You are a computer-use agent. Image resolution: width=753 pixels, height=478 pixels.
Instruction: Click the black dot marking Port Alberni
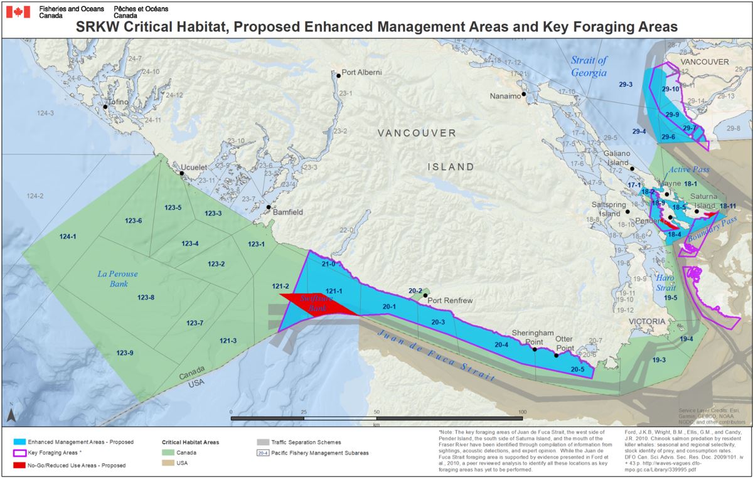[x=339, y=75]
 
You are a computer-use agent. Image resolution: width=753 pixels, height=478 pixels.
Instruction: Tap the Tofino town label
[x=119, y=102]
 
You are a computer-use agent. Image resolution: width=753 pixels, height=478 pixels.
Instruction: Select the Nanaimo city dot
[x=523, y=94]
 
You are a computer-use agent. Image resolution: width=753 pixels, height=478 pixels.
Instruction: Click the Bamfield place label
[x=288, y=213]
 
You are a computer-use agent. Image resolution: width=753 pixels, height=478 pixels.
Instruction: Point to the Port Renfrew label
[x=450, y=300]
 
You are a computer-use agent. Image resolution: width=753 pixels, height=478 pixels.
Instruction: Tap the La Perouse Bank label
[x=117, y=279]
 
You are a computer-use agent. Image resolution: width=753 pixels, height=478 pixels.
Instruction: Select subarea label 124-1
[x=68, y=236]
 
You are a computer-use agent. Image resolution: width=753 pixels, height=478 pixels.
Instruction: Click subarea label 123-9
[x=125, y=353]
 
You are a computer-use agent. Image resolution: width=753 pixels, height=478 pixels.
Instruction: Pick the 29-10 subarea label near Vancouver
[x=671, y=90]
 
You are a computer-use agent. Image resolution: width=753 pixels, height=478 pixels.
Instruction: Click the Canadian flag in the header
[x=18, y=11]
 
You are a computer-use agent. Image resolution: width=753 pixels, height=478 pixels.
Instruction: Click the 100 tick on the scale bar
[x=522, y=412]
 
